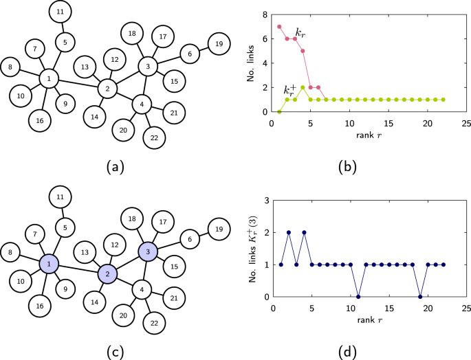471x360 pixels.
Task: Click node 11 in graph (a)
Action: click(61, 12)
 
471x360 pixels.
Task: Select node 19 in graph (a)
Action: click(219, 43)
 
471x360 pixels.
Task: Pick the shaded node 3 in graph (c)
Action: click(148, 252)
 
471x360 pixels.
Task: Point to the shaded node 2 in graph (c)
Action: click(107, 274)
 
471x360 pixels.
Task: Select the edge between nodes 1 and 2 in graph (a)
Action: click(78, 84)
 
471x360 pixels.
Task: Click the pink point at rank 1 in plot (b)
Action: click(279, 27)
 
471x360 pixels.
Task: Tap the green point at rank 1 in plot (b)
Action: click(279, 111)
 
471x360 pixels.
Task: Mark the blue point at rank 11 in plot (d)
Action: click(358, 296)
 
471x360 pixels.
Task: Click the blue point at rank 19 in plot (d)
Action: click(420, 296)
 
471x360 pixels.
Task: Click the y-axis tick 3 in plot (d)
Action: click(266, 200)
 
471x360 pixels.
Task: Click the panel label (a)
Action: click(115, 167)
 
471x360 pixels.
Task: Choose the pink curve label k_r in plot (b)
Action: click(300, 32)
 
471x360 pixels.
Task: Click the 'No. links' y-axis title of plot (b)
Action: click(252, 62)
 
